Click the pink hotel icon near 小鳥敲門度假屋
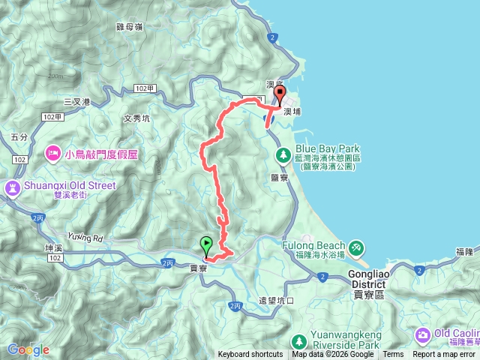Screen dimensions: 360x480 52,154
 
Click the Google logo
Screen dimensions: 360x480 28,349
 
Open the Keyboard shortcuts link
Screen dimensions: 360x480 250,355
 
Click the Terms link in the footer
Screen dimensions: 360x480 393,355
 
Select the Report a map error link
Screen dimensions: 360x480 444,355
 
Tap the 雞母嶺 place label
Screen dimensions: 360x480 130,27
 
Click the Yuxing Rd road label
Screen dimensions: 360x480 82,238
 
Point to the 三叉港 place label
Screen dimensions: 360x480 76,102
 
